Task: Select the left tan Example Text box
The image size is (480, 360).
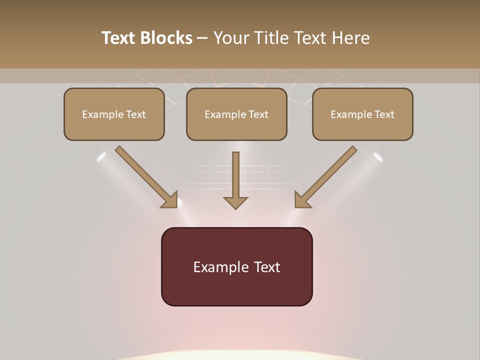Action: (x=114, y=114)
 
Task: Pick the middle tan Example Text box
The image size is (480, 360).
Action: (x=236, y=114)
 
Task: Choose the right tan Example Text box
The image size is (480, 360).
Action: (x=362, y=114)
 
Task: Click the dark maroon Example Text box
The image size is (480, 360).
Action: (x=236, y=266)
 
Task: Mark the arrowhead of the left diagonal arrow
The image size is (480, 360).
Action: (x=170, y=200)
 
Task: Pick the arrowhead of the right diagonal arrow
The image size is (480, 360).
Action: (x=302, y=200)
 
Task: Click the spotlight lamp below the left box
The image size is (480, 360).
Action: (x=101, y=157)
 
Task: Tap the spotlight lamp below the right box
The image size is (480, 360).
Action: (x=378, y=157)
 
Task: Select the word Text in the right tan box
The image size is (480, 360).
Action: (x=384, y=114)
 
